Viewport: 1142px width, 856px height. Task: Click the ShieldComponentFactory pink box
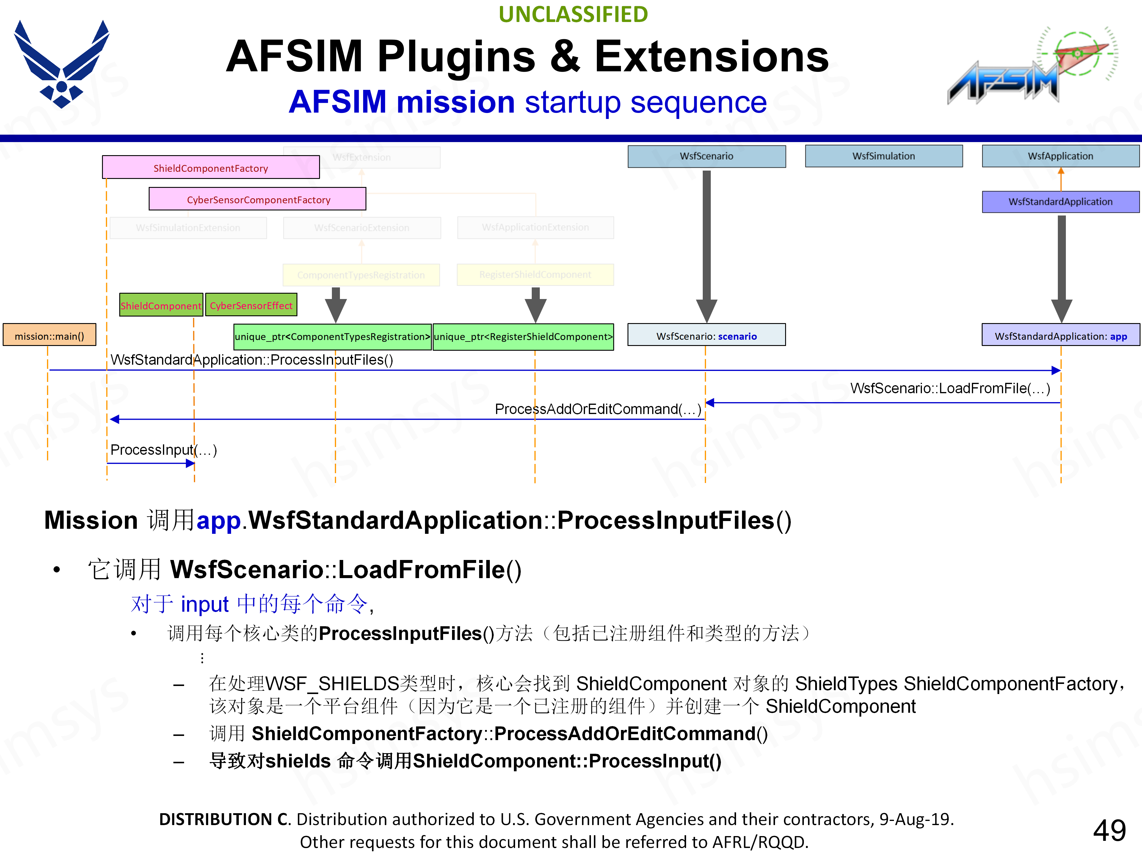point(211,168)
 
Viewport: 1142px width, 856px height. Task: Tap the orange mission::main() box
point(50,335)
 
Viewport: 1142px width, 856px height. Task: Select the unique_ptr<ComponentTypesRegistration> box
point(332,336)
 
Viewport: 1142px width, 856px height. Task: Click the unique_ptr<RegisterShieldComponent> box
point(523,336)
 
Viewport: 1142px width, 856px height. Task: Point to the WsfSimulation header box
point(883,156)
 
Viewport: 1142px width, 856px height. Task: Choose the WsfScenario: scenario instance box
point(706,335)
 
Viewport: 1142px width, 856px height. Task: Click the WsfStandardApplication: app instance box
point(1061,335)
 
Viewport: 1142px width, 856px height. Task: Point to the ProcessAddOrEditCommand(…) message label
point(598,409)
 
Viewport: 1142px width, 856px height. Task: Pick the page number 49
point(1109,830)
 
